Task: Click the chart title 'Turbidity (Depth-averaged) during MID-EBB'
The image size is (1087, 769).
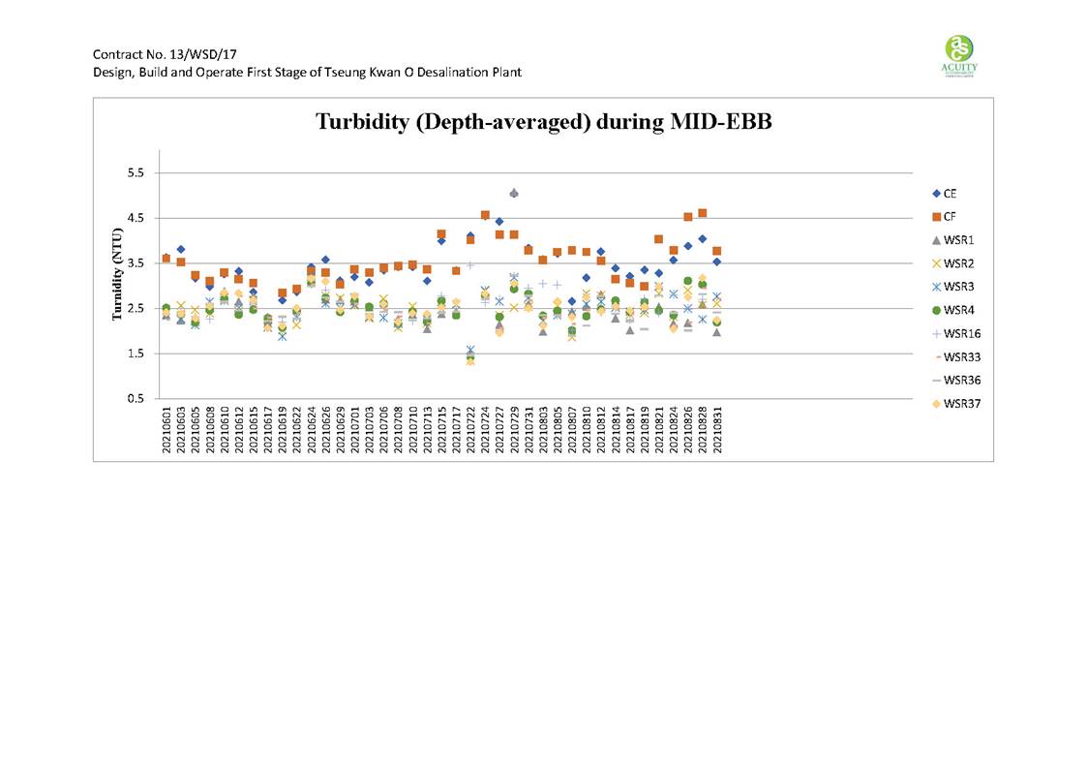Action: pyautogui.click(x=543, y=123)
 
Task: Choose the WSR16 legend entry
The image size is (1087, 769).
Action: pyautogui.click(x=958, y=333)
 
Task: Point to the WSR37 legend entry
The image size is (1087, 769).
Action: pyautogui.click(x=958, y=404)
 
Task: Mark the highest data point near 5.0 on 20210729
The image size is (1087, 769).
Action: pyautogui.click(x=514, y=194)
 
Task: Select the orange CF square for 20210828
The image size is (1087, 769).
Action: pyautogui.click(x=702, y=213)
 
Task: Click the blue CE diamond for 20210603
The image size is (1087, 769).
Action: pyautogui.click(x=181, y=249)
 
